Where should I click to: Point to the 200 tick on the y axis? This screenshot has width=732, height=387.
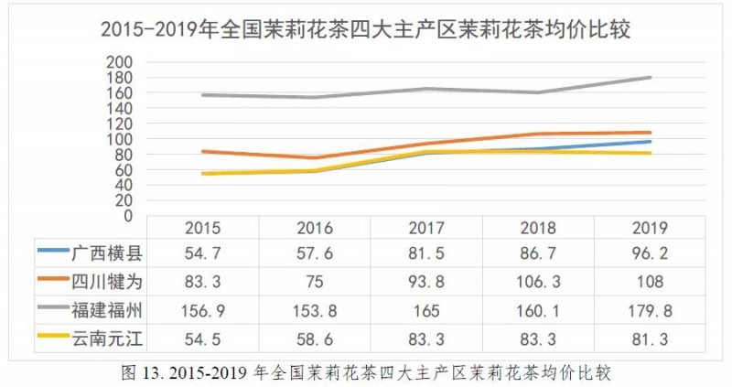121,61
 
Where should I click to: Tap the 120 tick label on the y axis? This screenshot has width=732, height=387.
121,124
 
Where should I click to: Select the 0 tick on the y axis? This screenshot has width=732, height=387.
128,216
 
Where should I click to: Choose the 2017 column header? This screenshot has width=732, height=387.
425,228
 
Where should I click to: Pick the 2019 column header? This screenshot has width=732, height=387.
649,228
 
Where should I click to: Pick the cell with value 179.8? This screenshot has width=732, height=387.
649,308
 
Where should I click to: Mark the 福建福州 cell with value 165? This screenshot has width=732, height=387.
425,308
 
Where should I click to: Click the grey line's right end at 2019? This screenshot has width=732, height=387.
650,78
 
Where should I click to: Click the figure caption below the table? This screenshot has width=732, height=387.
365,372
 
